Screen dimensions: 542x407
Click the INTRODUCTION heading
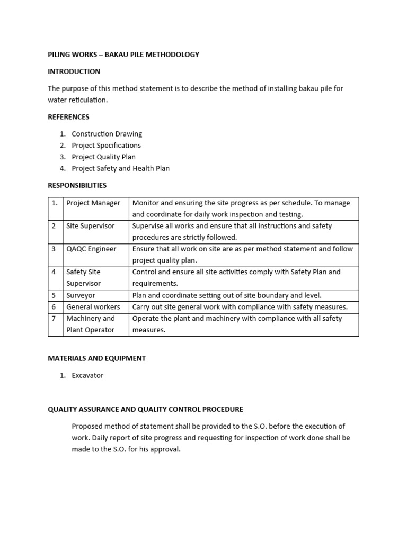pos(74,71)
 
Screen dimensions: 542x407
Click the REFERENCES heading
pos(68,117)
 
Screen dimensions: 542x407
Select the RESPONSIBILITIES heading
pos(77,185)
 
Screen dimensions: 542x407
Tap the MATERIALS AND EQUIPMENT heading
pos(96,358)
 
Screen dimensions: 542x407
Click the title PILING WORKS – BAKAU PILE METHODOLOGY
pos(123,55)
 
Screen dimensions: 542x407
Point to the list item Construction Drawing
pos(107,134)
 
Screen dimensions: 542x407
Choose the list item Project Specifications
pos(106,146)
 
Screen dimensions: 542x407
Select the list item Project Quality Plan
pos(103,157)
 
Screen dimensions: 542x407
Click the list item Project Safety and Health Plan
pos(120,169)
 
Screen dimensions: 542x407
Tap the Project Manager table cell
pos(93,203)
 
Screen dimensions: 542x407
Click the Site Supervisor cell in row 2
pos(90,226)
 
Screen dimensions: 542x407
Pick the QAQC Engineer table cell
pos(91,249)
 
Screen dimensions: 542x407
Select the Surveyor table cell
pos(81,295)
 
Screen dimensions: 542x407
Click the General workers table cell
pos(93,307)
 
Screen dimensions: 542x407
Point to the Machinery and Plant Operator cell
pos(91,324)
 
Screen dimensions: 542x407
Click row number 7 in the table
pos(54,319)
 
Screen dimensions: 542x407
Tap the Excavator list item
pos(87,375)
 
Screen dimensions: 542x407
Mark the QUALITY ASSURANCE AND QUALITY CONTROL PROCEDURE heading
pos(145,409)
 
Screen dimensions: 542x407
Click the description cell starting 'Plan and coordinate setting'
pos(227,295)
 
